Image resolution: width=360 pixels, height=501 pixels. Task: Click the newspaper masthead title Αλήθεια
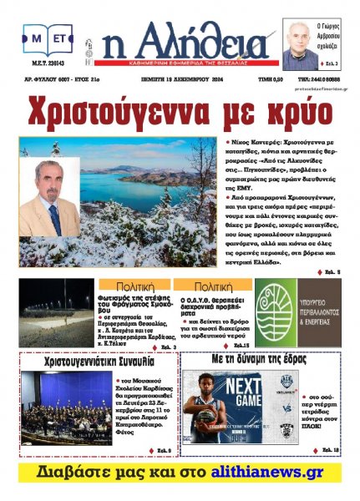pyautogui.click(x=192, y=41)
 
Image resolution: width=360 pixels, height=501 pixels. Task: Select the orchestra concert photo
pyautogui.click(x=65, y=410)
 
